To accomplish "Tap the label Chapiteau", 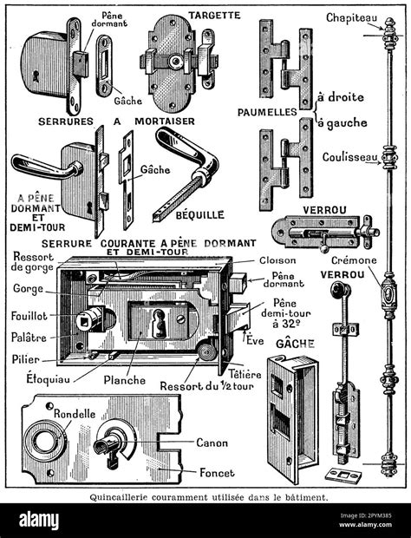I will pos(349,16).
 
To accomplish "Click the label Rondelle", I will pos(73,413).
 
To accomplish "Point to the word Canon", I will pos(212,443).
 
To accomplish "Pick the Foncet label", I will pos(212,475).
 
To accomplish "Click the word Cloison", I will pos(277,259).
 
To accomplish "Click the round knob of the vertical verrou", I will pos(330,291).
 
